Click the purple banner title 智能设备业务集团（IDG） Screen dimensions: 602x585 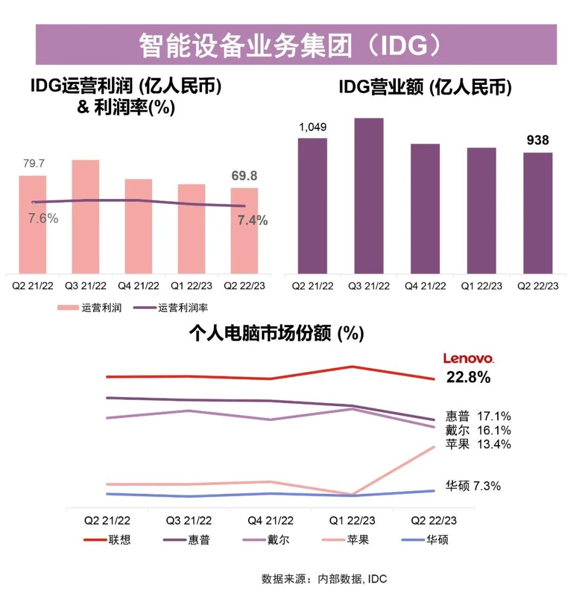tap(296, 45)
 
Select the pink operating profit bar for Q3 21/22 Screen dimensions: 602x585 tap(86, 216)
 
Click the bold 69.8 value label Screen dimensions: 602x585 tap(244, 176)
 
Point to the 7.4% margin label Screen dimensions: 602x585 tap(252, 220)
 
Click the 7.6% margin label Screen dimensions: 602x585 tap(43, 219)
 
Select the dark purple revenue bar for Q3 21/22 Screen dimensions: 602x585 tap(369, 196)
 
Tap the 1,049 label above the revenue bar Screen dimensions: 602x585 tap(313, 127)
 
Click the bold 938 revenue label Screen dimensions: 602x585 tap(538, 141)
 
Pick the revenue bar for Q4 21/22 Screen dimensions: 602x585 tap(425, 208)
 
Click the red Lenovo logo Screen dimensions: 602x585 tap(469, 358)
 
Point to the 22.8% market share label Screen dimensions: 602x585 tap(469, 378)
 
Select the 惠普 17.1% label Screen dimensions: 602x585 tap(478, 416)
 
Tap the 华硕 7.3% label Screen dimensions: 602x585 tap(473, 486)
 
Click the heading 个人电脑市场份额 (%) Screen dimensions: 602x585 tap(276, 334)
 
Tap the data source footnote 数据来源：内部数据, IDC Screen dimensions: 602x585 tap(324, 579)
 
